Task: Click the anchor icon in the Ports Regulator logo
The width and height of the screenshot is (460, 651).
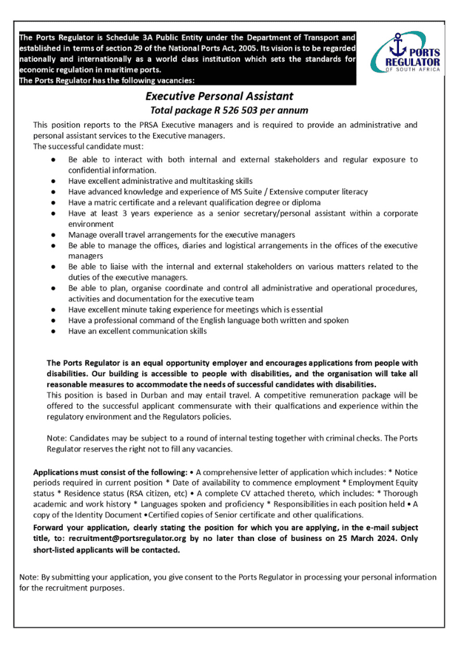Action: coord(398,46)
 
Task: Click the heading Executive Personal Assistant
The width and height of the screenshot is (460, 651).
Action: coord(219,97)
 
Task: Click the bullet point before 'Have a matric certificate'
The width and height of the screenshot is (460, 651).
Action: coord(56,202)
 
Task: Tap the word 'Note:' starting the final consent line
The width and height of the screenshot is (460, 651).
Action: coord(29,577)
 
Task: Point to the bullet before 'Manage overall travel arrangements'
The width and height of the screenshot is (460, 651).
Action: coord(56,235)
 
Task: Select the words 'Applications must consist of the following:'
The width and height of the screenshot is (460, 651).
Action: coord(110,472)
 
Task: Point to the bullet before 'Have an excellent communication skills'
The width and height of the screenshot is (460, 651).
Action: coord(56,331)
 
